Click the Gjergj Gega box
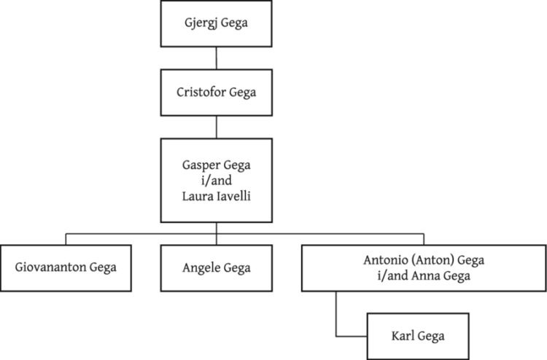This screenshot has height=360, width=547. pyautogui.click(x=215, y=24)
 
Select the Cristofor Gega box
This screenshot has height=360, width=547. pyautogui.click(x=215, y=92)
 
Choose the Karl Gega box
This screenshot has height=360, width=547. pyautogui.click(x=416, y=336)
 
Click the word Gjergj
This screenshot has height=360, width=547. pyautogui.click(x=200, y=24)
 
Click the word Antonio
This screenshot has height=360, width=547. pyautogui.click(x=385, y=260)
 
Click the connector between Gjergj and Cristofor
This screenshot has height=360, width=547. pyautogui.click(x=215, y=58)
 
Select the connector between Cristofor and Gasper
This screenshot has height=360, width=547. pyautogui.click(x=215, y=127)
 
